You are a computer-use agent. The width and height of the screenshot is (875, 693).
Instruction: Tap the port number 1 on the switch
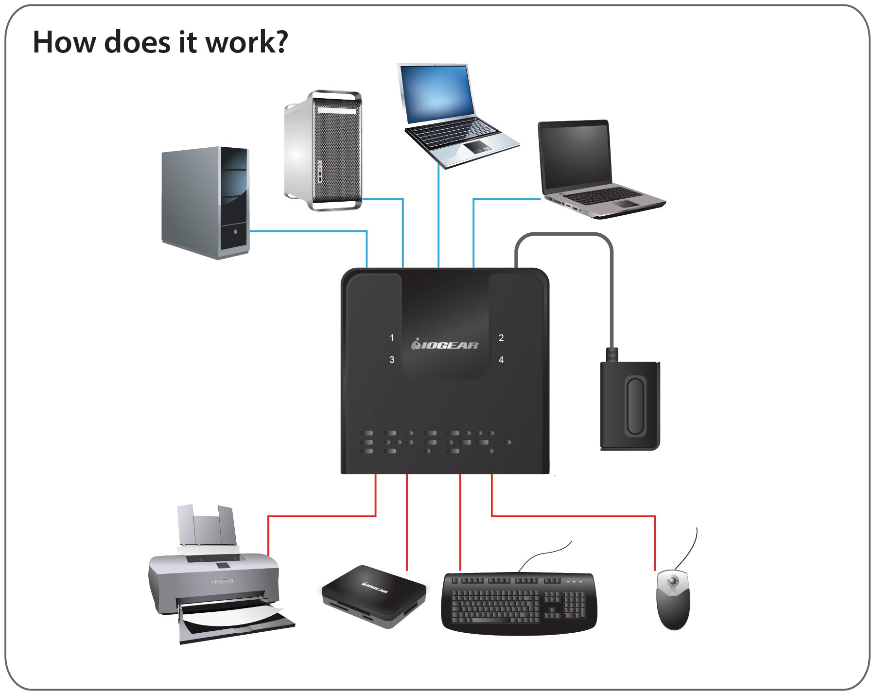click(392, 338)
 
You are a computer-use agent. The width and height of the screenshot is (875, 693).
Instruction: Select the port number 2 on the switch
click(501, 338)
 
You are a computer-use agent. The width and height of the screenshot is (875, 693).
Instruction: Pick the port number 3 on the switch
click(392, 360)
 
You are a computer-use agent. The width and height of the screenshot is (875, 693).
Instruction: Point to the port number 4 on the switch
click(501, 360)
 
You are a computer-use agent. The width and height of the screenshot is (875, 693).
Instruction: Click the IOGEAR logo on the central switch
click(445, 345)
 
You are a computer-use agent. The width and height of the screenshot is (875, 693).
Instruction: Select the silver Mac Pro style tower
click(323, 151)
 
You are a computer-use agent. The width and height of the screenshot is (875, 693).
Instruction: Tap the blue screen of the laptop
click(437, 94)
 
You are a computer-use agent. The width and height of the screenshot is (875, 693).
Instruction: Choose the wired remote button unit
click(630, 406)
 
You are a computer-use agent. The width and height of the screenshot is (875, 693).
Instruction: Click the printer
click(219, 583)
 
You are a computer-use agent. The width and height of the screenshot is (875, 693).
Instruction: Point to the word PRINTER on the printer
click(223, 582)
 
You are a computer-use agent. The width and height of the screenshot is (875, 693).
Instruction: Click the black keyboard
click(519, 603)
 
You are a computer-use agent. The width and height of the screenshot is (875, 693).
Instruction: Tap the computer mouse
click(673, 600)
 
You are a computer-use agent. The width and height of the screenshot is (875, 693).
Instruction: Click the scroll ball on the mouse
click(673, 581)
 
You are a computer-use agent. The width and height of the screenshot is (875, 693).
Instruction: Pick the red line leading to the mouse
click(574, 516)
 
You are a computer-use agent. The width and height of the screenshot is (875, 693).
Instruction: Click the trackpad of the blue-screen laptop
click(477, 147)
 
